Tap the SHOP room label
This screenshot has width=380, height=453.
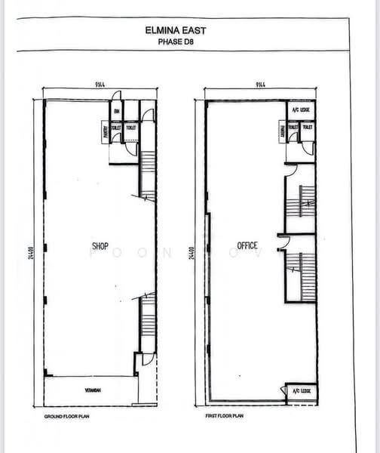[100, 246]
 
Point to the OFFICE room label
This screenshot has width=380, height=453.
[247, 245]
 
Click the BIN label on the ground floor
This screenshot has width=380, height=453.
[118, 112]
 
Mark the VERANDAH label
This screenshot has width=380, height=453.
[93, 390]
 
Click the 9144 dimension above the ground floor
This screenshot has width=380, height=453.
[100, 85]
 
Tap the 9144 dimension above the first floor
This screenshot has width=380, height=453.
[261, 85]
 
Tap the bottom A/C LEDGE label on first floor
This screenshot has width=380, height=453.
[299, 391]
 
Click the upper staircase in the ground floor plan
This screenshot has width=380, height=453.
[148, 174]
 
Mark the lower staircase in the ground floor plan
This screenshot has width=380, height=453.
[148, 321]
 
